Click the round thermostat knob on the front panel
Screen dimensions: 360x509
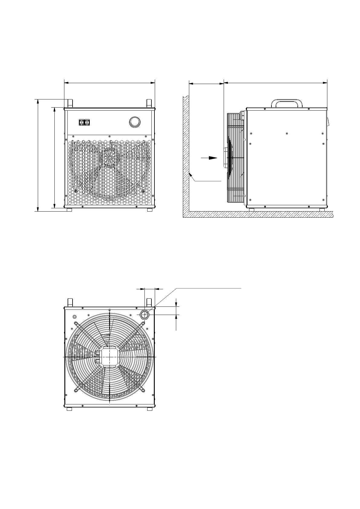pos(135,122)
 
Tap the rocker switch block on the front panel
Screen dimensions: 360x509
pos(84,122)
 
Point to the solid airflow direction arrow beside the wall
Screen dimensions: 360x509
pos(209,158)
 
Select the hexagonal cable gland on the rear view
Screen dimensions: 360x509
pos(144,315)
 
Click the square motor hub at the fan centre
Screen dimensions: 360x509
pos(109,357)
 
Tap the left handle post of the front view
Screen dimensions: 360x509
pos(70,103)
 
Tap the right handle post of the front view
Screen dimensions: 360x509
pos(149,103)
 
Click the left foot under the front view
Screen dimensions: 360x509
pos(69,210)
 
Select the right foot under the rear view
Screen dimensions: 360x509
pos(149,409)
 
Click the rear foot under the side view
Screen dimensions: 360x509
pos(322,210)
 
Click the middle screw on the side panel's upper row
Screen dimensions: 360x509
pos(286,133)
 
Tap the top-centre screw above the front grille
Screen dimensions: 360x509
pos(109,136)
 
